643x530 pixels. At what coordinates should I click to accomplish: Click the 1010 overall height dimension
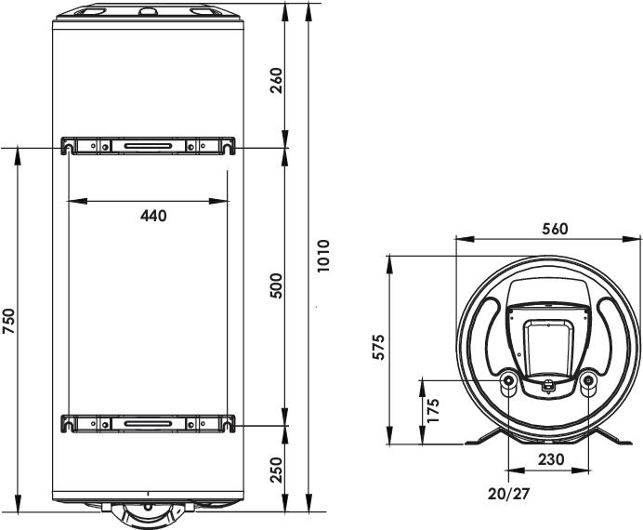point(323,256)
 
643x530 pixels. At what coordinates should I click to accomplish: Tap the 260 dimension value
point(277,80)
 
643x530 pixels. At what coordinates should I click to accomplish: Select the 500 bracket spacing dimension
point(277,286)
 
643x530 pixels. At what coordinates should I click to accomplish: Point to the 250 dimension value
point(277,470)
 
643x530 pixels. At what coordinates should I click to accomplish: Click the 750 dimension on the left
point(8,321)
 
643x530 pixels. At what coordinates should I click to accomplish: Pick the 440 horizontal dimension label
point(153,216)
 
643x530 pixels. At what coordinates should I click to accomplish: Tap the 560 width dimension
point(555,229)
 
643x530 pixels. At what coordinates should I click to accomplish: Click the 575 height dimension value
point(378,347)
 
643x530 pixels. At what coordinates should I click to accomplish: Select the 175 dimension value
point(433,410)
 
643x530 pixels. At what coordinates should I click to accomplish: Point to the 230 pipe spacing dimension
point(551,459)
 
